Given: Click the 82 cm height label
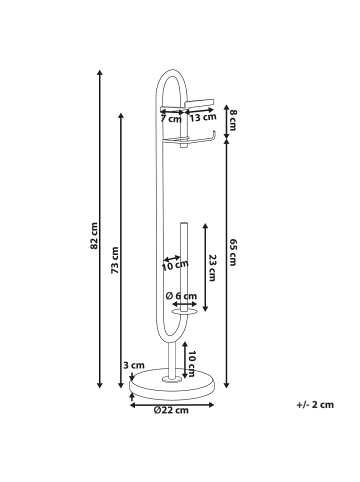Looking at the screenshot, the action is (94, 236).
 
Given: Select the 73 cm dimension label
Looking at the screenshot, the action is (115, 260).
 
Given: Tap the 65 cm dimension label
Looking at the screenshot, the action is (233, 252).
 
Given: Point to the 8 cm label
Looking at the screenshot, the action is (233, 120).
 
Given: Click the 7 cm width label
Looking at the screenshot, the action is (171, 119).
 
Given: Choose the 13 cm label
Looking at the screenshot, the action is (203, 117).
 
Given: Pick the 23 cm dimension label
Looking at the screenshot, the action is (213, 268).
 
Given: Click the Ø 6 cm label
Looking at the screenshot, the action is (181, 296).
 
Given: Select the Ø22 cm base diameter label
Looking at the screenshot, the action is (171, 410).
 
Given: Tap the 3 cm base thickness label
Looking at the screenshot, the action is (133, 365).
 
